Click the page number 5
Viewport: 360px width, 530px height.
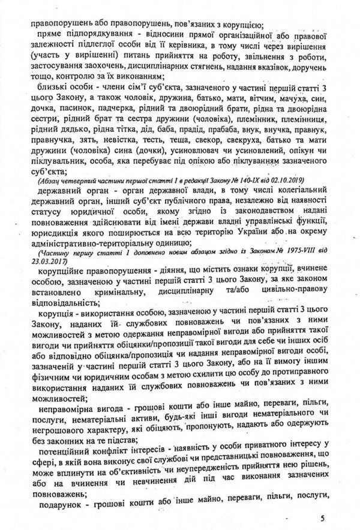click(x=322, y=516)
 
